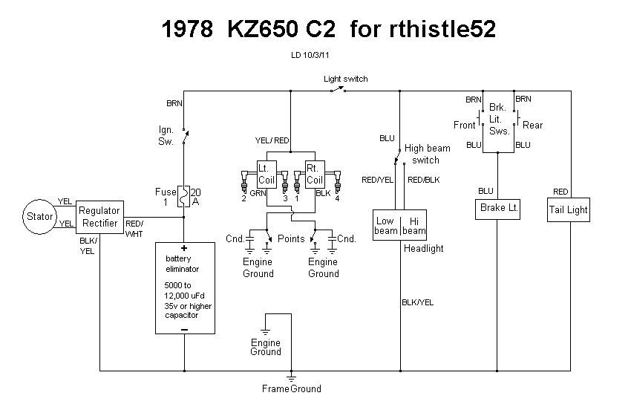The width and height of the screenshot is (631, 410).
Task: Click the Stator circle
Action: tap(40, 216)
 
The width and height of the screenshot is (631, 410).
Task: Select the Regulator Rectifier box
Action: tap(99, 217)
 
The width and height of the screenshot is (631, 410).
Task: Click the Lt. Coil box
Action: tap(266, 175)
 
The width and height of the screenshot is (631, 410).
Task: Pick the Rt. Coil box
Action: tap(315, 175)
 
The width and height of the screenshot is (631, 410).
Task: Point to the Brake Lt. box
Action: tap(498, 208)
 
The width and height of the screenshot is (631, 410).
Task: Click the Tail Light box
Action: tap(568, 209)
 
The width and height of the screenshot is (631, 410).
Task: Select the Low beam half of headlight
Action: tap(386, 226)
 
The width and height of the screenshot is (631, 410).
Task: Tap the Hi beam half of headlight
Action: tap(414, 226)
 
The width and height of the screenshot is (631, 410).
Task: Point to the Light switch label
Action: tap(345, 79)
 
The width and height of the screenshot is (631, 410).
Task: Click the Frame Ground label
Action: tap(291, 388)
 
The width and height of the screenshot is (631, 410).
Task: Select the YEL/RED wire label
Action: tap(272, 140)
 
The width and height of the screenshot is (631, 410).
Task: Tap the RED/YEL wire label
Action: tap(377, 180)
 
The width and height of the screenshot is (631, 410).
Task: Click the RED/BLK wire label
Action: tap(424, 180)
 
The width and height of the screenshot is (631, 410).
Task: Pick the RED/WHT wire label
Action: tap(135, 229)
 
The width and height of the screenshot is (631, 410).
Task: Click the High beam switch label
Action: tap(427, 154)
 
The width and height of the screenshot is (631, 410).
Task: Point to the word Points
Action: tap(291, 239)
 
